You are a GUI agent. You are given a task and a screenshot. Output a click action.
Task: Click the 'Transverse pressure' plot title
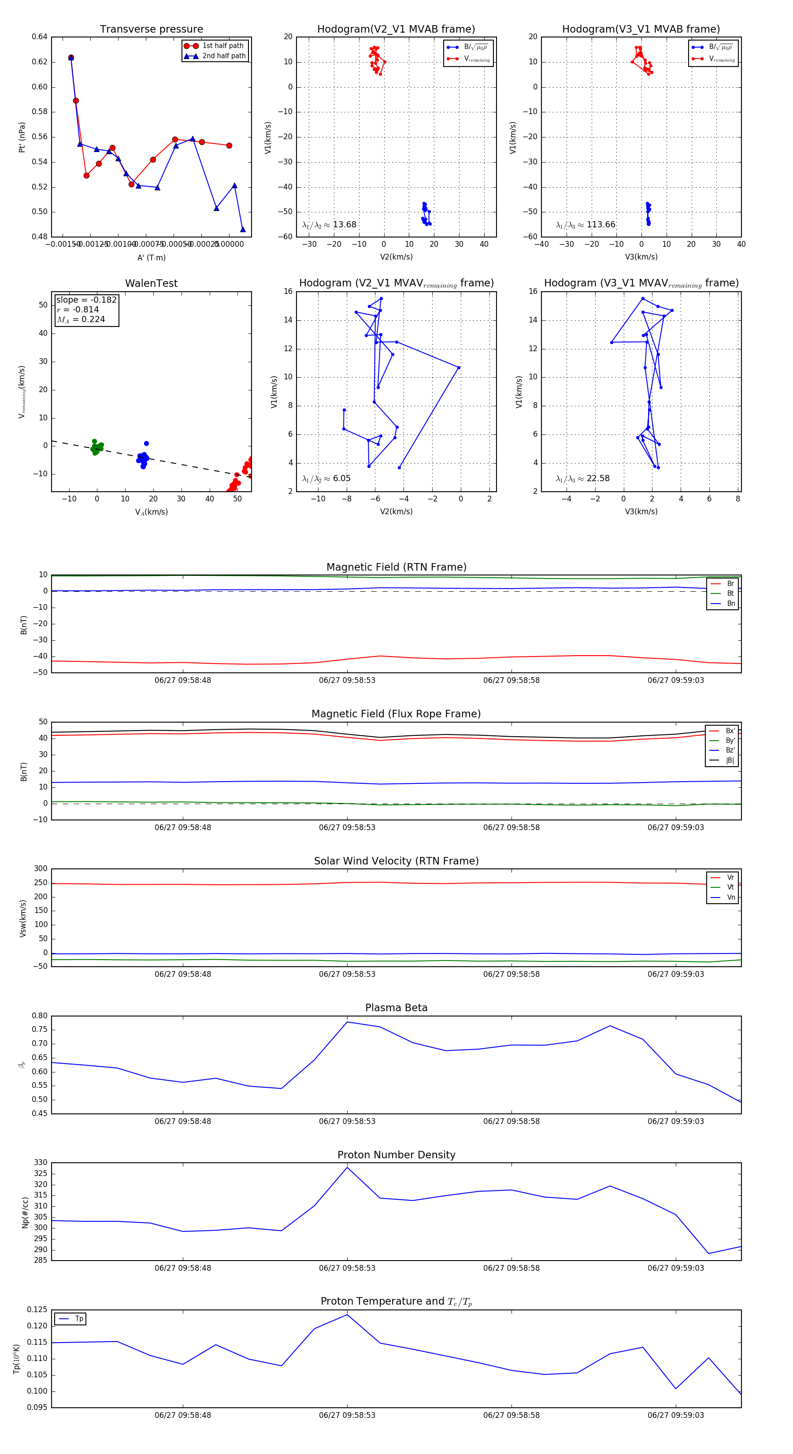point(151,30)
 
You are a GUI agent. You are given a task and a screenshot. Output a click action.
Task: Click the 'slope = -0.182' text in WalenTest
point(86,300)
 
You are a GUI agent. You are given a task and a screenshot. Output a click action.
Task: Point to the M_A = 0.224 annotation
point(81,319)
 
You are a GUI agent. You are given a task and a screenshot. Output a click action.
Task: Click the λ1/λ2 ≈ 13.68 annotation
point(329,225)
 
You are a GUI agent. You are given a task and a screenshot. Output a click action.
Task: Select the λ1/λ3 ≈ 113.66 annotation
point(585,225)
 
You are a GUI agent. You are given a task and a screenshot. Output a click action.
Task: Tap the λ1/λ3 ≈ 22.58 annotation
point(582,478)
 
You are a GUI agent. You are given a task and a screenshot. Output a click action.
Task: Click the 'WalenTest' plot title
point(151,283)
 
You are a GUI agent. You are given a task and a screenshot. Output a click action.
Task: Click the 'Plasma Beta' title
point(396,1008)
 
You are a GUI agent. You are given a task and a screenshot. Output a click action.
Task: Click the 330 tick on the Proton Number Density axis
point(41,1163)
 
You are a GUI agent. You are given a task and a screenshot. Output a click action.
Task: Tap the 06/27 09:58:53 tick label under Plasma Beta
point(347,1121)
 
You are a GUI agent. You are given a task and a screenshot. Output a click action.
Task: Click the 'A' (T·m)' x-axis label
point(151,257)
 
